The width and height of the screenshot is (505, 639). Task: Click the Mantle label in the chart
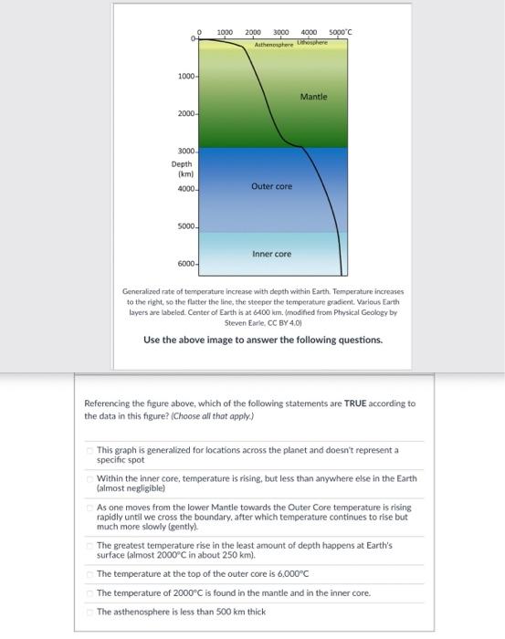(x=313, y=96)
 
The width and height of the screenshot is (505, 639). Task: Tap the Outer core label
(x=271, y=186)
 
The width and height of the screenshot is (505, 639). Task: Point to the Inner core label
(x=271, y=254)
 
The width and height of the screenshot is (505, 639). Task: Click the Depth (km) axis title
(x=181, y=170)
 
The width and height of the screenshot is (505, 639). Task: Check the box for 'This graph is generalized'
(x=89, y=450)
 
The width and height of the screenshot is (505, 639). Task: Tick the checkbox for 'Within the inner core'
(x=89, y=477)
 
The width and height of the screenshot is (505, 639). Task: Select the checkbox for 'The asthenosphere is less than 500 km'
(x=89, y=612)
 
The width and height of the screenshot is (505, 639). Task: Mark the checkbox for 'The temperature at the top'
(x=89, y=574)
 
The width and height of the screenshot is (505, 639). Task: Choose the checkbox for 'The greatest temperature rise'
(x=89, y=545)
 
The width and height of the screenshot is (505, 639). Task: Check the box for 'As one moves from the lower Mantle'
(x=89, y=508)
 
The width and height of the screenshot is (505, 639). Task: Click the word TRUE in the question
(x=355, y=403)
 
